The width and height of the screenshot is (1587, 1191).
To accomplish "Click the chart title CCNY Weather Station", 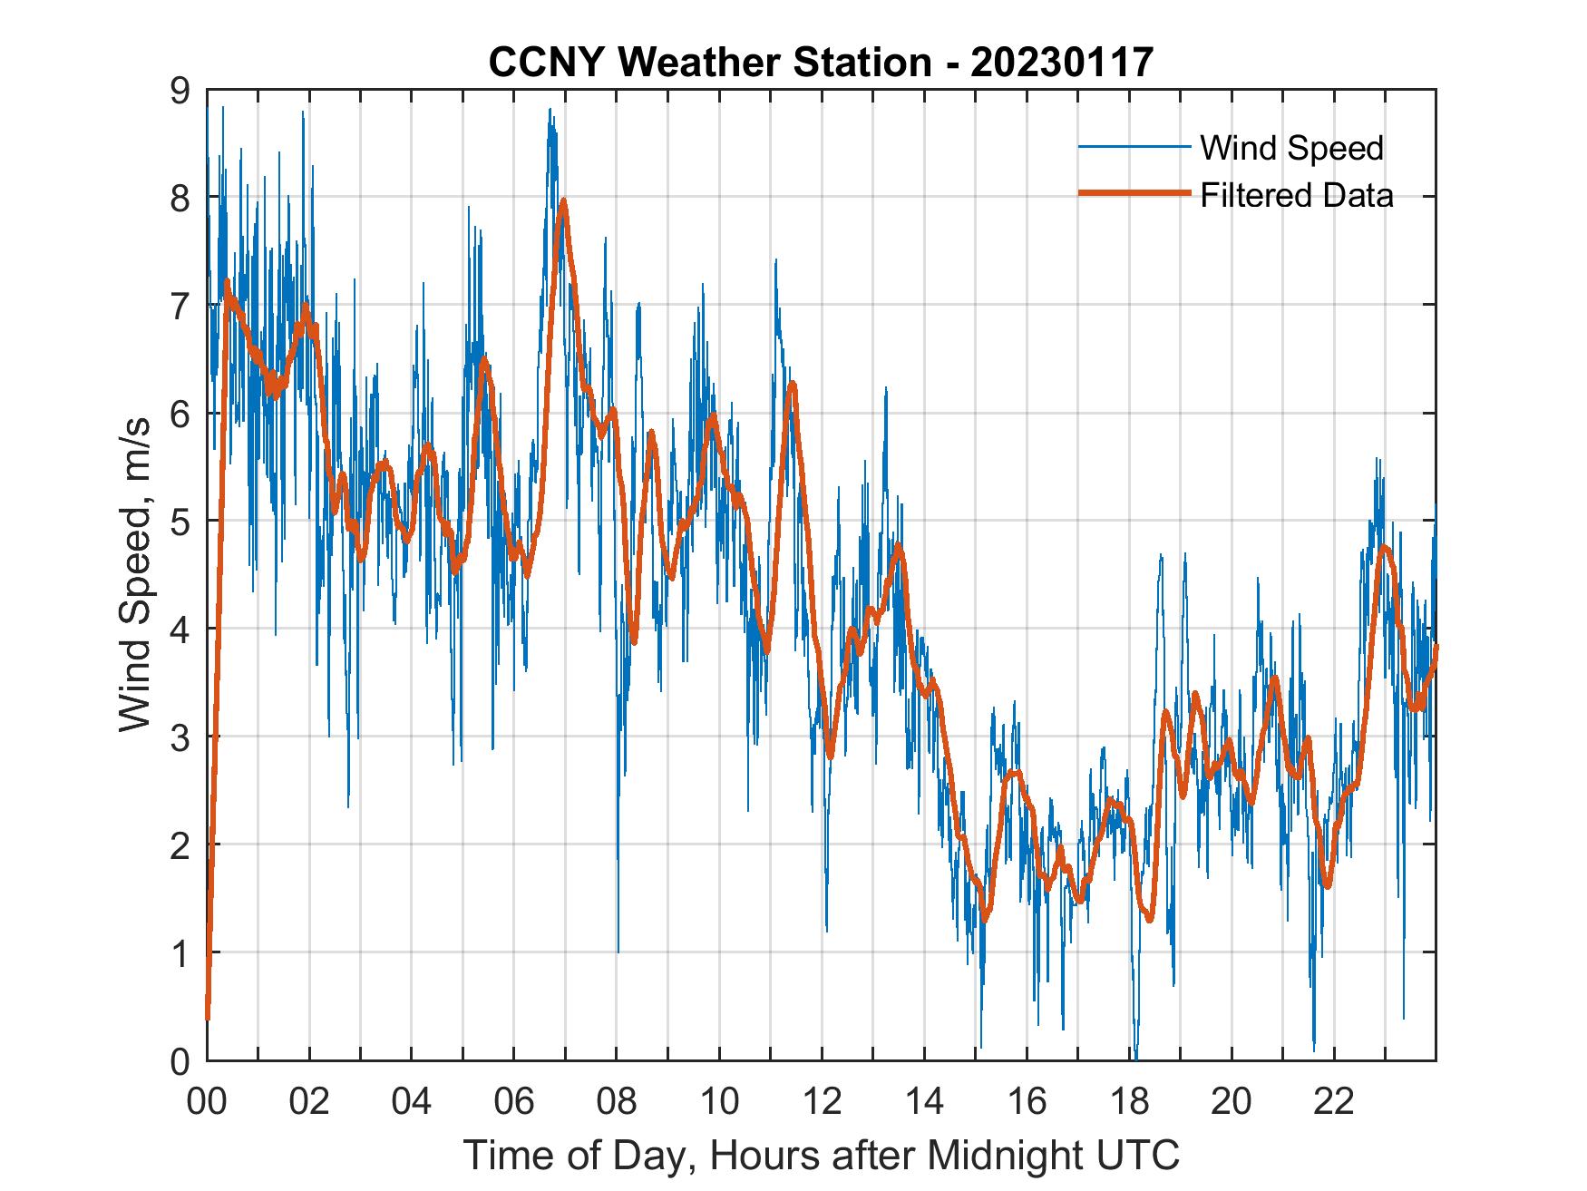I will (x=709, y=63).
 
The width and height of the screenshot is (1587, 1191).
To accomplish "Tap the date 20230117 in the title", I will (x=1062, y=63).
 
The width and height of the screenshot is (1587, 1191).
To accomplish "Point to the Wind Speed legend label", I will (x=1291, y=148).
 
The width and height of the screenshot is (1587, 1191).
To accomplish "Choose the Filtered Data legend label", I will (x=1296, y=195).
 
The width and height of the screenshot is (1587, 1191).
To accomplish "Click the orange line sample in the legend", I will (x=1134, y=194).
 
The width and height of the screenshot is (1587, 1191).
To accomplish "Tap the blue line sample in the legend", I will (x=1134, y=147).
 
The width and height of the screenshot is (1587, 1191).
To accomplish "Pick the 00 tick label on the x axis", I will (x=207, y=1101).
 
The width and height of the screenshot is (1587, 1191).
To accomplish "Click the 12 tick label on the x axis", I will (x=822, y=1101).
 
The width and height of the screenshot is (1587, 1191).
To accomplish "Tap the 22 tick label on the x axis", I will (x=1334, y=1101).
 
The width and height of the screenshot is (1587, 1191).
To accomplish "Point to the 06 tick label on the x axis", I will (x=514, y=1101).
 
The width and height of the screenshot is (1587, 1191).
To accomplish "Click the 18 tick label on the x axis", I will (x=1129, y=1101).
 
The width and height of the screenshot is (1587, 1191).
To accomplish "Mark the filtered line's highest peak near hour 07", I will (x=564, y=200).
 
